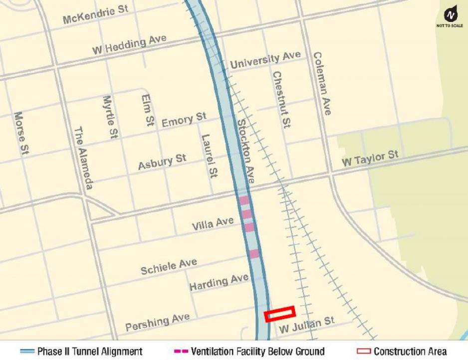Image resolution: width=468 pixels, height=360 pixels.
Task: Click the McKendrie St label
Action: point(96,15)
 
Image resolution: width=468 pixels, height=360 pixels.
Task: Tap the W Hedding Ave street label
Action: point(129,45)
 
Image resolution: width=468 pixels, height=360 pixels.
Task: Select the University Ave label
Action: point(265,61)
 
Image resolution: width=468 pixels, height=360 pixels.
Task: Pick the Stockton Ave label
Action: point(245,151)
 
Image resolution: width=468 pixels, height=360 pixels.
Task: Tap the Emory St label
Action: point(184,120)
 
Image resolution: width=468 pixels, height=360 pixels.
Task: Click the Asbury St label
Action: point(162,162)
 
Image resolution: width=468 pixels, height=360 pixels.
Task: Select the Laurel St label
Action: point(210,156)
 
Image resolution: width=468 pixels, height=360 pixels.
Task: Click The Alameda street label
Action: point(83,158)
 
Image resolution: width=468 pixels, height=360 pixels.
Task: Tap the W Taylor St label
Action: point(370,159)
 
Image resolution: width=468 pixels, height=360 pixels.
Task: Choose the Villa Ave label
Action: point(213,224)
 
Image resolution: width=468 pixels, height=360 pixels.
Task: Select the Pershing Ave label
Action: point(157,322)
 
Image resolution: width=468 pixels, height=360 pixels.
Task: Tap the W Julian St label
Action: point(306,325)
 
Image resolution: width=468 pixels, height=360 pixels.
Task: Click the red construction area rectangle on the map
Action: point(280,314)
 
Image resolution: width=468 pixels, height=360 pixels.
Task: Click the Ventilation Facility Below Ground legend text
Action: point(257,352)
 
